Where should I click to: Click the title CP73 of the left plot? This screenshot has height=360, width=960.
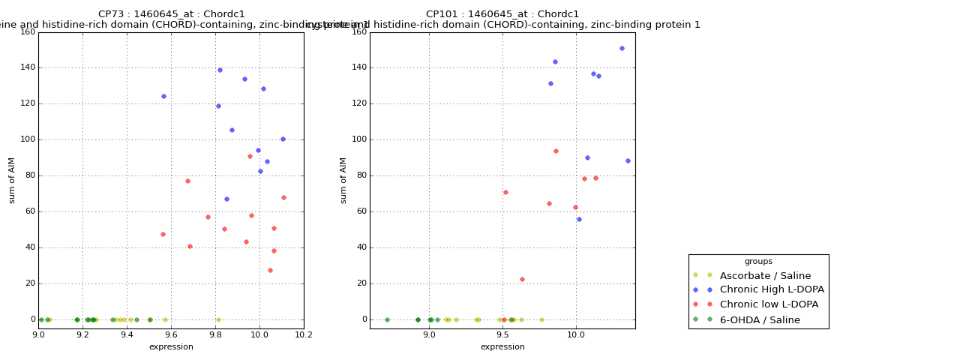point(171,14)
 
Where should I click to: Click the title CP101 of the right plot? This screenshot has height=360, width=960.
point(502,14)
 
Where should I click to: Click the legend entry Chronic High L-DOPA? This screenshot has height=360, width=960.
point(772,289)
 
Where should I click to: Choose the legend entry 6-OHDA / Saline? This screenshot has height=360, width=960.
point(760,320)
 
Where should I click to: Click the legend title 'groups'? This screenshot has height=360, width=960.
point(758,261)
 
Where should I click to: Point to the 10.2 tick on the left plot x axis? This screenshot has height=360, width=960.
point(304,335)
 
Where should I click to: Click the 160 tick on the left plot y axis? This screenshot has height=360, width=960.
point(28,32)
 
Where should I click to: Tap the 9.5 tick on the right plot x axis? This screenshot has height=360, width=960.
point(502,335)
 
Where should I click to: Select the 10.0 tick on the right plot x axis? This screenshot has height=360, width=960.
point(576,335)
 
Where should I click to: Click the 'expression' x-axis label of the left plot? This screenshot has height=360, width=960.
point(171,347)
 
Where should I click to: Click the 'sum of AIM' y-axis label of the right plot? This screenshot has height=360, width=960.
point(343,180)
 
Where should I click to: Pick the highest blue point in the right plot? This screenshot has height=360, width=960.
point(622,48)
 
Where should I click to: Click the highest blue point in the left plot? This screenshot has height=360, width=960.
point(220,70)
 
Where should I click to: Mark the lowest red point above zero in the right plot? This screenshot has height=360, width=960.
point(522,279)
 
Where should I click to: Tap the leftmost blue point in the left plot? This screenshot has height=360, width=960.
point(163,96)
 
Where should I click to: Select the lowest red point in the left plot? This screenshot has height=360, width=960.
point(270,270)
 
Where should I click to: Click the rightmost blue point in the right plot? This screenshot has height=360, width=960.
point(628,160)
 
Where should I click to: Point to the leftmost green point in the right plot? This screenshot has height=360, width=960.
point(387,319)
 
